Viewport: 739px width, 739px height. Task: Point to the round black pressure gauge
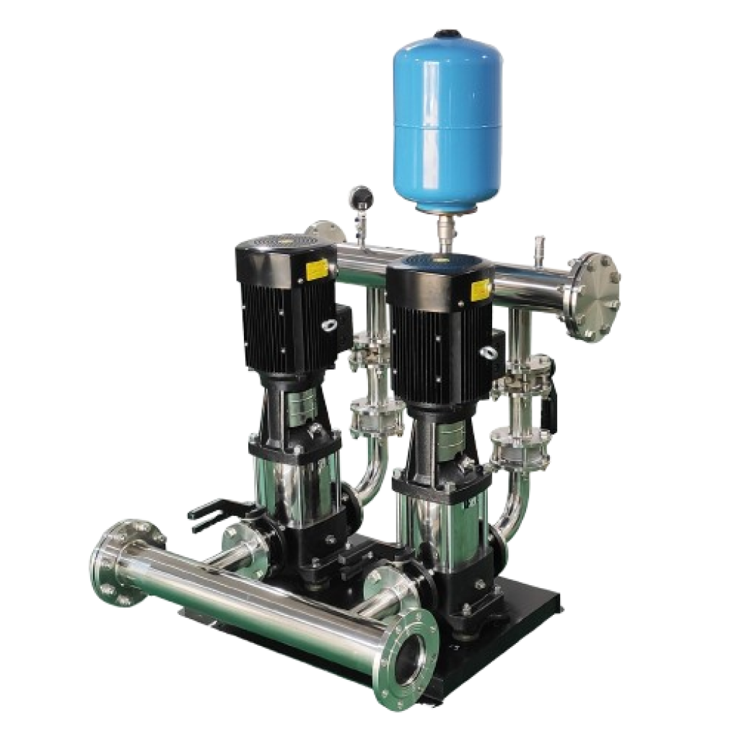point(358,196)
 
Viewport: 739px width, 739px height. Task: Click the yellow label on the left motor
point(315,272)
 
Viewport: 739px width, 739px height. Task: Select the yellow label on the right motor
point(479,290)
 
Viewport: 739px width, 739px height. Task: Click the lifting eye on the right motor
point(488,351)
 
